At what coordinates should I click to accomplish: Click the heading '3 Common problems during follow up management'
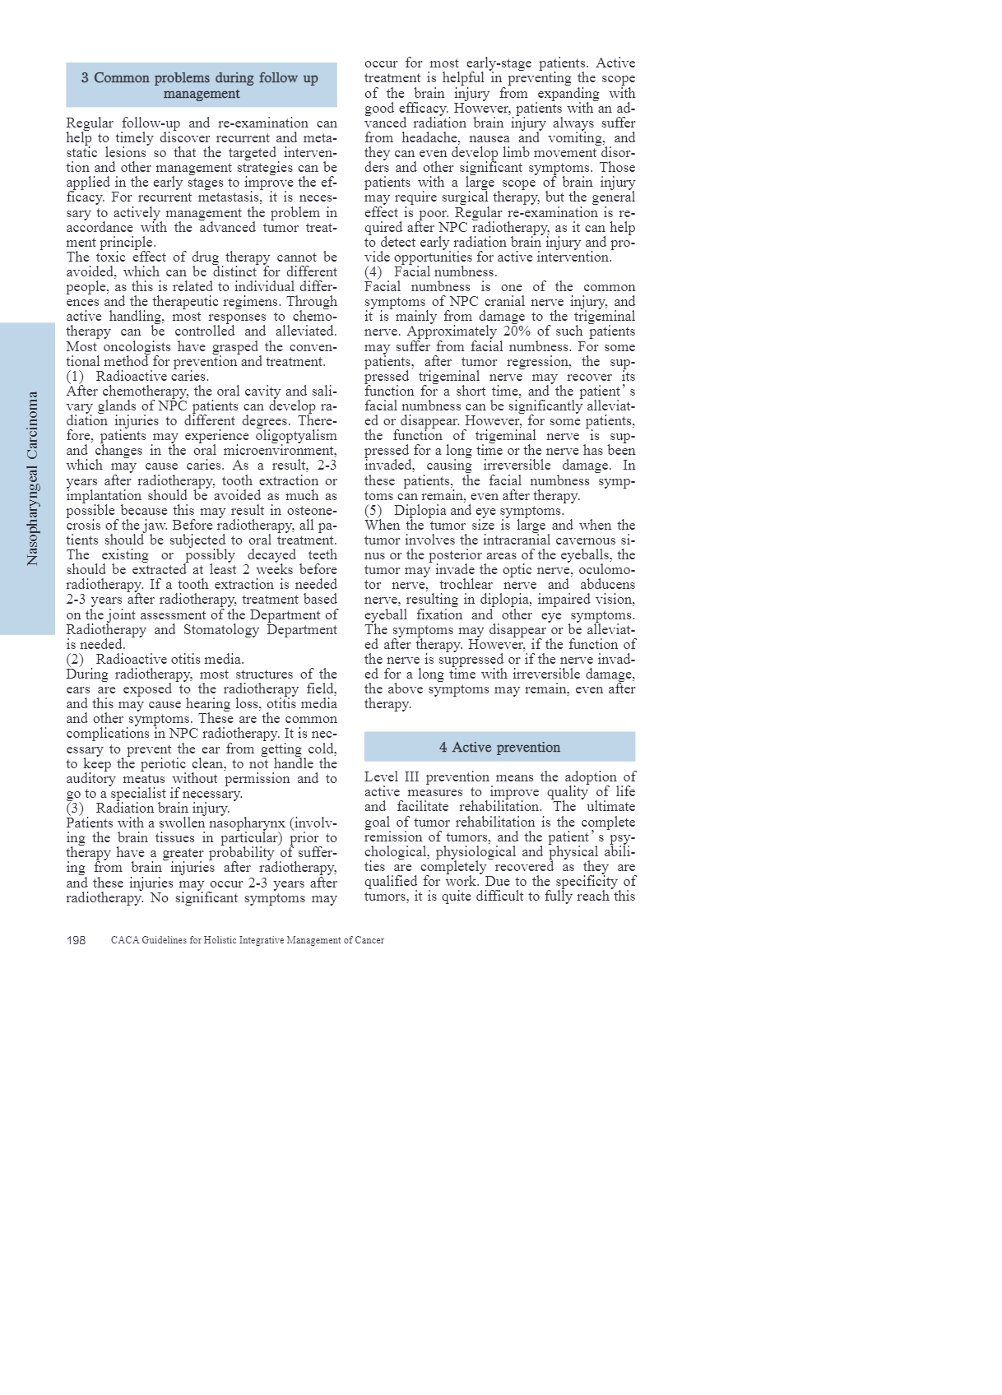201,86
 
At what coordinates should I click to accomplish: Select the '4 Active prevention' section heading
499,747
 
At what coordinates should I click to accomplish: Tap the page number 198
76,940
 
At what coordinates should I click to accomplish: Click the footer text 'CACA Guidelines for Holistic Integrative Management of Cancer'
248,940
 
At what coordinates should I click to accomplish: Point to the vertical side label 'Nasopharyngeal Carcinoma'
33,478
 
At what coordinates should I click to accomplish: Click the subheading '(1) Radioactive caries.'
137,377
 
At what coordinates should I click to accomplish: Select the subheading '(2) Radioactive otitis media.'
155,659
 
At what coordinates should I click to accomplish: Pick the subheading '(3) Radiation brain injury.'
148,808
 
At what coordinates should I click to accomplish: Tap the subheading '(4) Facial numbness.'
431,271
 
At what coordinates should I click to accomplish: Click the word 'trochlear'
466,585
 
